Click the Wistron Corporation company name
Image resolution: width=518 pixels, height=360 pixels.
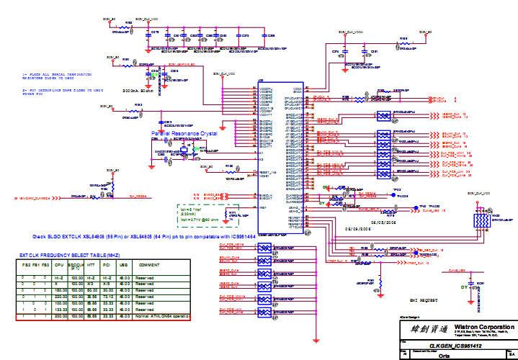pos(474,325)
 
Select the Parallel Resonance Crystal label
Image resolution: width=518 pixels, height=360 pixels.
pos(184,134)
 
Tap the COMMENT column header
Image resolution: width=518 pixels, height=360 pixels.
pos(148,266)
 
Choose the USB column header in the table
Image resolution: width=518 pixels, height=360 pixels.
pos(124,266)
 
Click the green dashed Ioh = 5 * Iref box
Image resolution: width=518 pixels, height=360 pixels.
pos(199,214)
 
